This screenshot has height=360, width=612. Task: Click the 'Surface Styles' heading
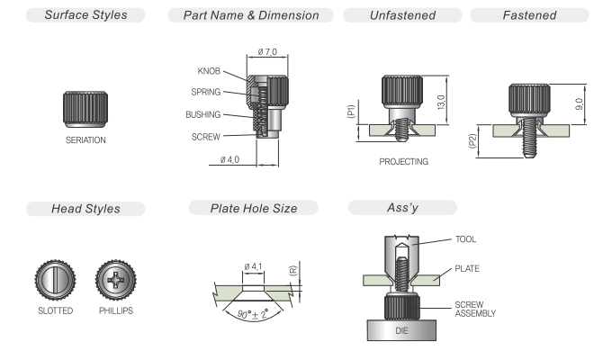[85, 15]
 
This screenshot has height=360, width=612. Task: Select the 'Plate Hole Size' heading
[254, 208]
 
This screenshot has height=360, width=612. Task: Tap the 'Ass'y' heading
[402, 208]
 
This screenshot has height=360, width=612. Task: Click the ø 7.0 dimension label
[267, 52]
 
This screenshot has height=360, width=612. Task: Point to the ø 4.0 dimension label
[229, 159]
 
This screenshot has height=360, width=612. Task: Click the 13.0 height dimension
[441, 103]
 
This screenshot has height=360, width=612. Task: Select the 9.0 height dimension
[580, 104]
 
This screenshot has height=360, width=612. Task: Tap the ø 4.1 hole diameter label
[253, 266]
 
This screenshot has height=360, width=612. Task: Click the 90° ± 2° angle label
[253, 314]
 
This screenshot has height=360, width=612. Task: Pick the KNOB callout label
[209, 71]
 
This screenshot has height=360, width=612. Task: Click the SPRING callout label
[206, 92]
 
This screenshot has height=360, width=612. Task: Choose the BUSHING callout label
[203, 115]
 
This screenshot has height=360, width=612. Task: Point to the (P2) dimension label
[472, 141]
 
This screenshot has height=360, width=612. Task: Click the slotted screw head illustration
[56, 280]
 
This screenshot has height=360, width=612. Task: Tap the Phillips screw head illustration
[116, 280]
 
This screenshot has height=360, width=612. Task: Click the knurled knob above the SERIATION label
[85, 109]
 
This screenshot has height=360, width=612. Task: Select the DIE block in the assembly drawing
[401, 330]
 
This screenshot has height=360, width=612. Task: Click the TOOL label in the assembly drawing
[465, 239]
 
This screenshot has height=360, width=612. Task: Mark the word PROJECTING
[403, 162]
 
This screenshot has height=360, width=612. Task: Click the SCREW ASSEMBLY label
[475, 309]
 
